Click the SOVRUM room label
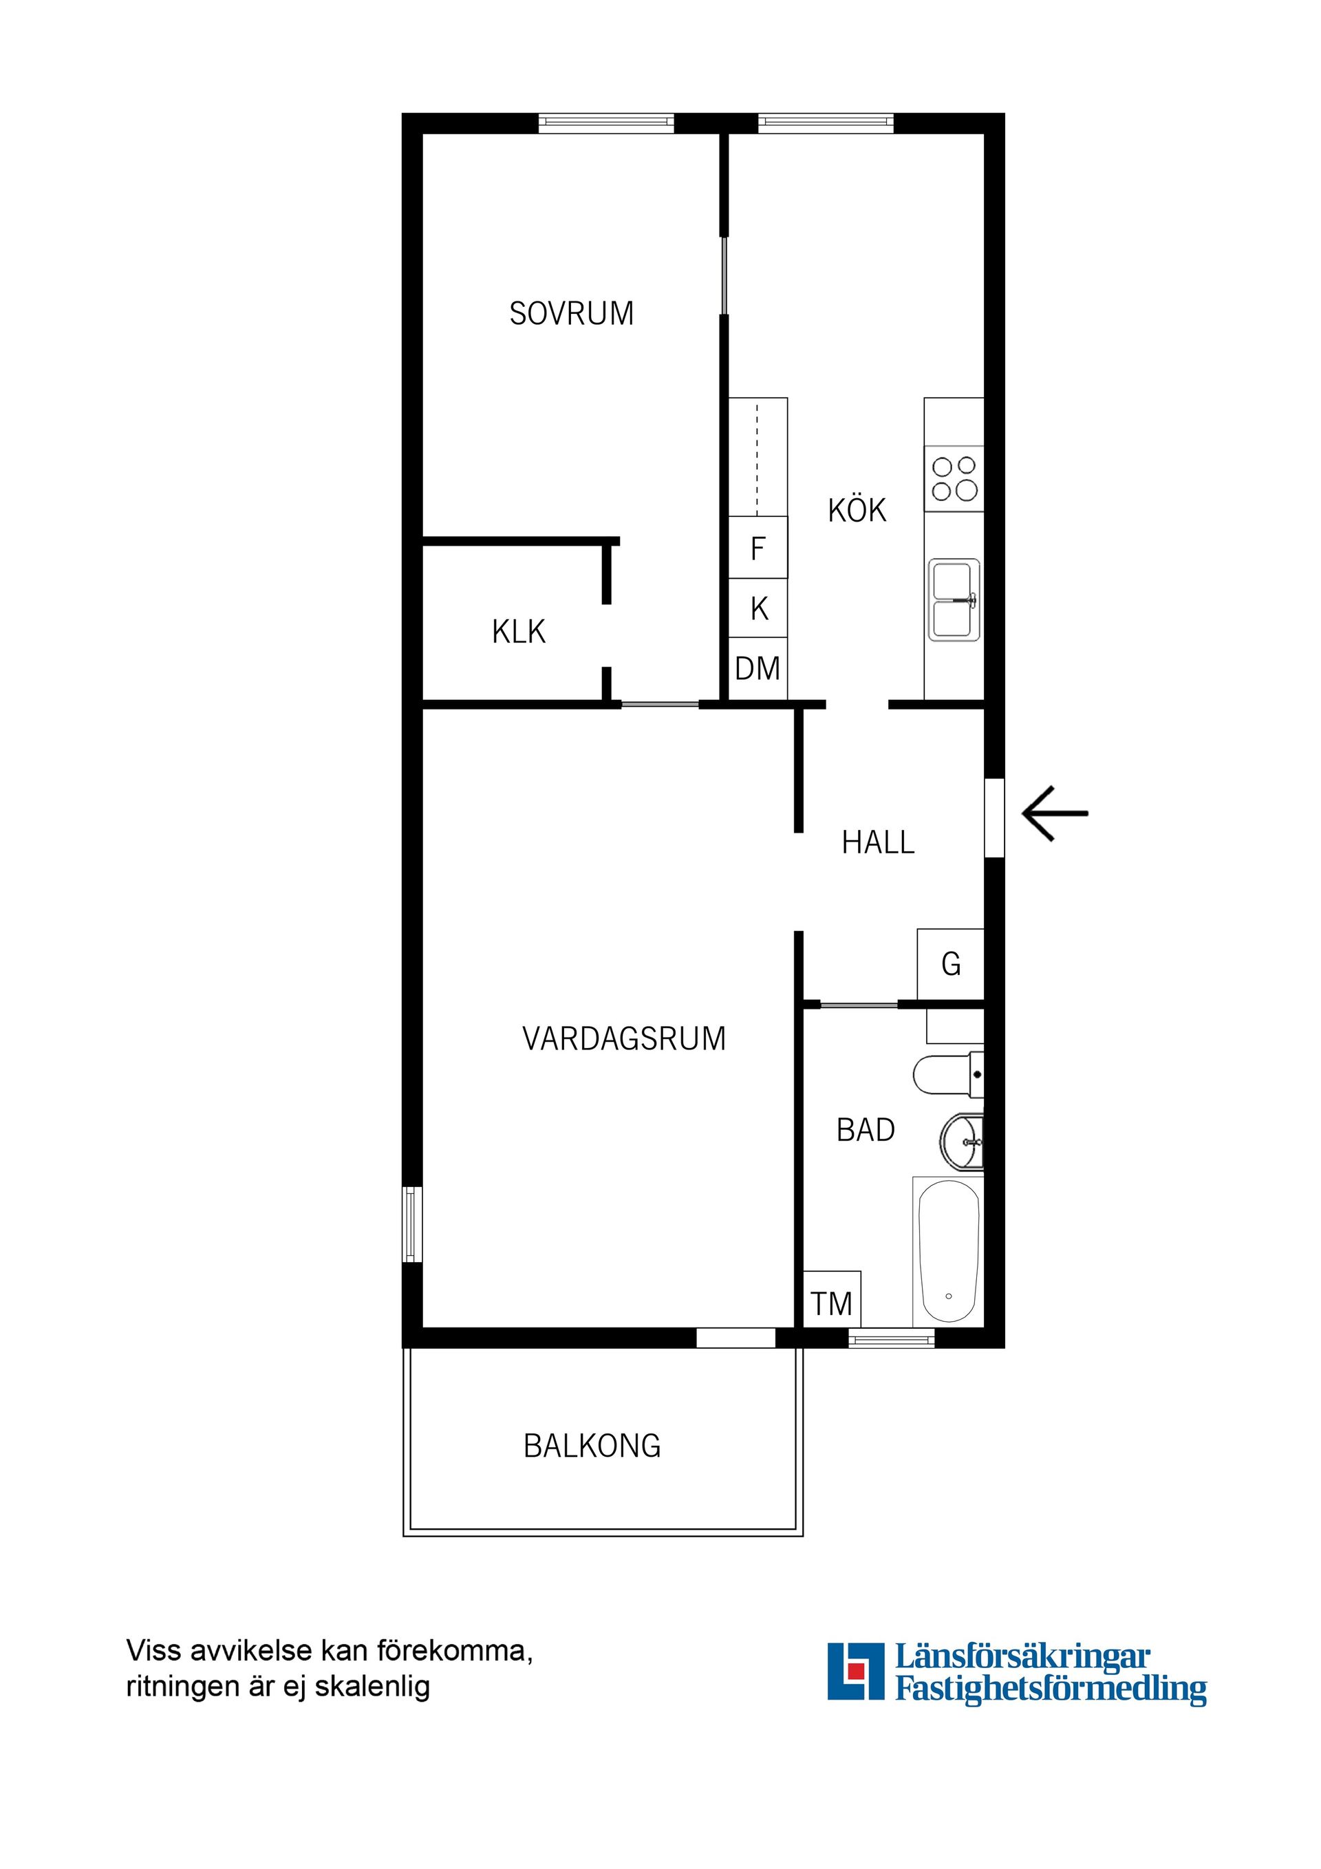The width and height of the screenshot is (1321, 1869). click(570, 313)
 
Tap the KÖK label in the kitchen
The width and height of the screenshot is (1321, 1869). click(857, 511)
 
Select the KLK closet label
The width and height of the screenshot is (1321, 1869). click(519, 632)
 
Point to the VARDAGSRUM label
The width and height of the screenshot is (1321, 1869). click(623, 1038)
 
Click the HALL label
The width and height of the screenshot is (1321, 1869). click(877, 842)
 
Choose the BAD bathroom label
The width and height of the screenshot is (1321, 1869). click(866, 1130)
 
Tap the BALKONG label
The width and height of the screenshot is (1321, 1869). click(592, 1446)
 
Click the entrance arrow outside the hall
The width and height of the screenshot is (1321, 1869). click(1055, 813)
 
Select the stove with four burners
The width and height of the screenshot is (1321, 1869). click(954, 479)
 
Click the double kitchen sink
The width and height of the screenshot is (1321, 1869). click(954, 600)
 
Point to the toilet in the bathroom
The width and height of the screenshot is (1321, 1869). click(947, 1074)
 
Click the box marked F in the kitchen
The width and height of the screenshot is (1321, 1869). click(758, 548)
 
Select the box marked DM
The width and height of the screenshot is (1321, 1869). click(758, 668)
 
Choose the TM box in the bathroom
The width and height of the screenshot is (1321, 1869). click(831, 1304)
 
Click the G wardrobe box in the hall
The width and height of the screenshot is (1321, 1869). click(951, 964)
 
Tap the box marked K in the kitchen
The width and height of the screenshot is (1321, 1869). click(758, 608)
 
